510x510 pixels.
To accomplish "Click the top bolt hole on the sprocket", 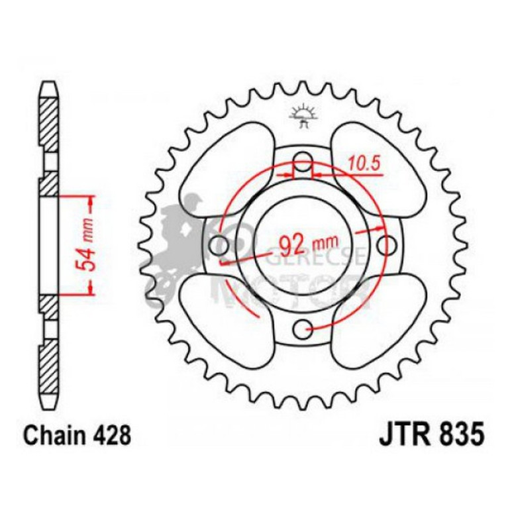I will tap(303, 160).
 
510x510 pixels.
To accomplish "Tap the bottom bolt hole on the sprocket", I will tap(303, 327).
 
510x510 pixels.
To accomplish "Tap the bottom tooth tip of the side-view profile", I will tap(49, 403).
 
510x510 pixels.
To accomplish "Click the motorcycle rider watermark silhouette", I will tap(179, 245).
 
